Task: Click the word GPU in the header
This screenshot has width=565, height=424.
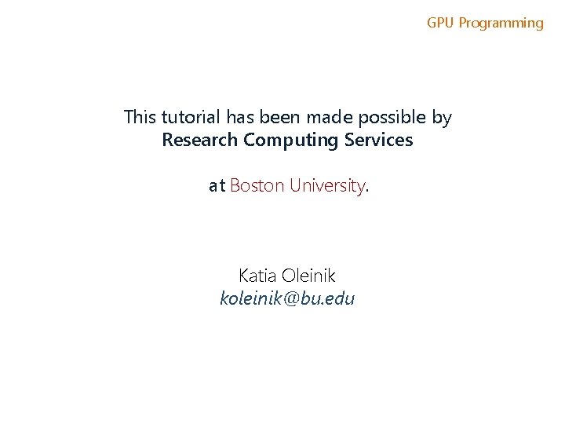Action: (440, 23)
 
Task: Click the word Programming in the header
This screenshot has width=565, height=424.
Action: (501, 23)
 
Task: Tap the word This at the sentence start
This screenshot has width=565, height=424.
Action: (140, 118)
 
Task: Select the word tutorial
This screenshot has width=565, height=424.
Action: (191, 118)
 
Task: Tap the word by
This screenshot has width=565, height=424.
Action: (442, 119)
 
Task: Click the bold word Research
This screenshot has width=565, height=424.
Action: (199, 141)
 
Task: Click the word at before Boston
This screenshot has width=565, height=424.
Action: (217, 186)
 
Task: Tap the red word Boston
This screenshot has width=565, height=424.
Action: (257, 186)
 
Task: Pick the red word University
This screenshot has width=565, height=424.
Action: (326, 186)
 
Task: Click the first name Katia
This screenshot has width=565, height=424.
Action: (257, 276)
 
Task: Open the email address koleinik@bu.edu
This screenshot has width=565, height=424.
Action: (287, 298)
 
